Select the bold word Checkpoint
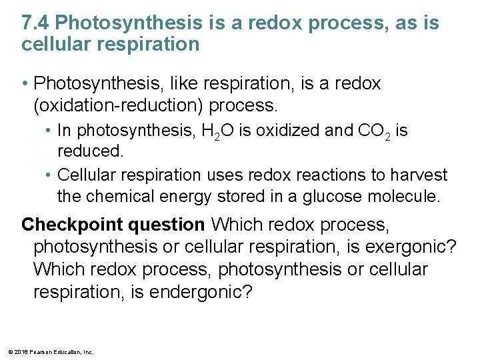66,225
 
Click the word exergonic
415,247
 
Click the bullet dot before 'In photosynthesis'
50,131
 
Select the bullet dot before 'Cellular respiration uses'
50,175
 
